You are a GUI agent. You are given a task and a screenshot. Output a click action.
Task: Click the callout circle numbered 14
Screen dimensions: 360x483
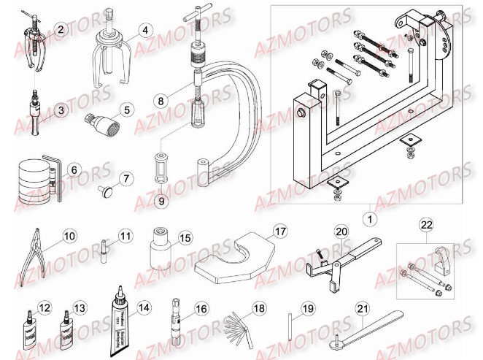tap(144, 307)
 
